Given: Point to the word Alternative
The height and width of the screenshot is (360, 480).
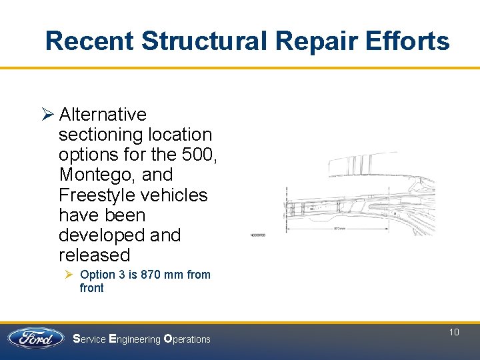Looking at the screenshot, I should click(x=103, y=115).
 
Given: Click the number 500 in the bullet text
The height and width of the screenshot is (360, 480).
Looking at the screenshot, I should click(x=197, y=155).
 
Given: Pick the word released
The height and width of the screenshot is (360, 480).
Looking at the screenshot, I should click(x=94, y=255).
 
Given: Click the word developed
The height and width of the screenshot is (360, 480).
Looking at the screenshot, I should click(x=101, y=235).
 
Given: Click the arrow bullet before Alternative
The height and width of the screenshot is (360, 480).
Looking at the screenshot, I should click(x=47, y=115).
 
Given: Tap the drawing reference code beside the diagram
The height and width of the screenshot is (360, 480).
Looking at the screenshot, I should click(x=259, y=235).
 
